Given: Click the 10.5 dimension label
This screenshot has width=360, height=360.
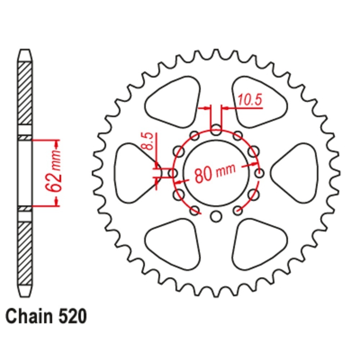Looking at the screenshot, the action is pyautogui.click(x=250, y=100).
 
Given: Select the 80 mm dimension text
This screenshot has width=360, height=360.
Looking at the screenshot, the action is pyautogui.click(x=215, y=173).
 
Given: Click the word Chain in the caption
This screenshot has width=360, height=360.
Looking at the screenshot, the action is pyautogui.click(x=29, y=316).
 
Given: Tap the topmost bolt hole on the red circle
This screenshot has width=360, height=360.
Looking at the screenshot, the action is pyautogui.click(x=216, y=130).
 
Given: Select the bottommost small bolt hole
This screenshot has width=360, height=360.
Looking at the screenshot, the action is pyautogui.click(x=216, y=216).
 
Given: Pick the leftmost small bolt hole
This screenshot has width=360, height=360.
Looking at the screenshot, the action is pyautogui.click(x=173, y=174).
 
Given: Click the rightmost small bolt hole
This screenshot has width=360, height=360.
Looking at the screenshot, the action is pyautogui.click(x=260, y=174).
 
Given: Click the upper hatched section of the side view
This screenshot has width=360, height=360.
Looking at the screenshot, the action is pyautogui.click(x=25, y=93).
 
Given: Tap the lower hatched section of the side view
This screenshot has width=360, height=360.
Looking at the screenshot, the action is pyautogui.click(x=25, y=253).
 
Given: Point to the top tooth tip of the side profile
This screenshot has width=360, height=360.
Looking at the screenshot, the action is pyautogui.click(x=25, y=50).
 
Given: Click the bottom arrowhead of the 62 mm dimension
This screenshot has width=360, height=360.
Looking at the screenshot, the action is pyautogui.click(x=57, y=202).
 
